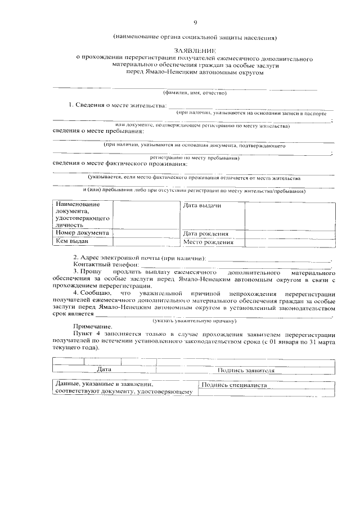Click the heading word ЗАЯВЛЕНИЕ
point(195,50)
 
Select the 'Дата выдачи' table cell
point(202,205)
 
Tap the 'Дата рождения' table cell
point(205,233)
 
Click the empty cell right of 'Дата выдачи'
point(290,215)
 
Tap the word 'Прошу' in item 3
point(91,272)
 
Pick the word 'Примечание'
point(92,327)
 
